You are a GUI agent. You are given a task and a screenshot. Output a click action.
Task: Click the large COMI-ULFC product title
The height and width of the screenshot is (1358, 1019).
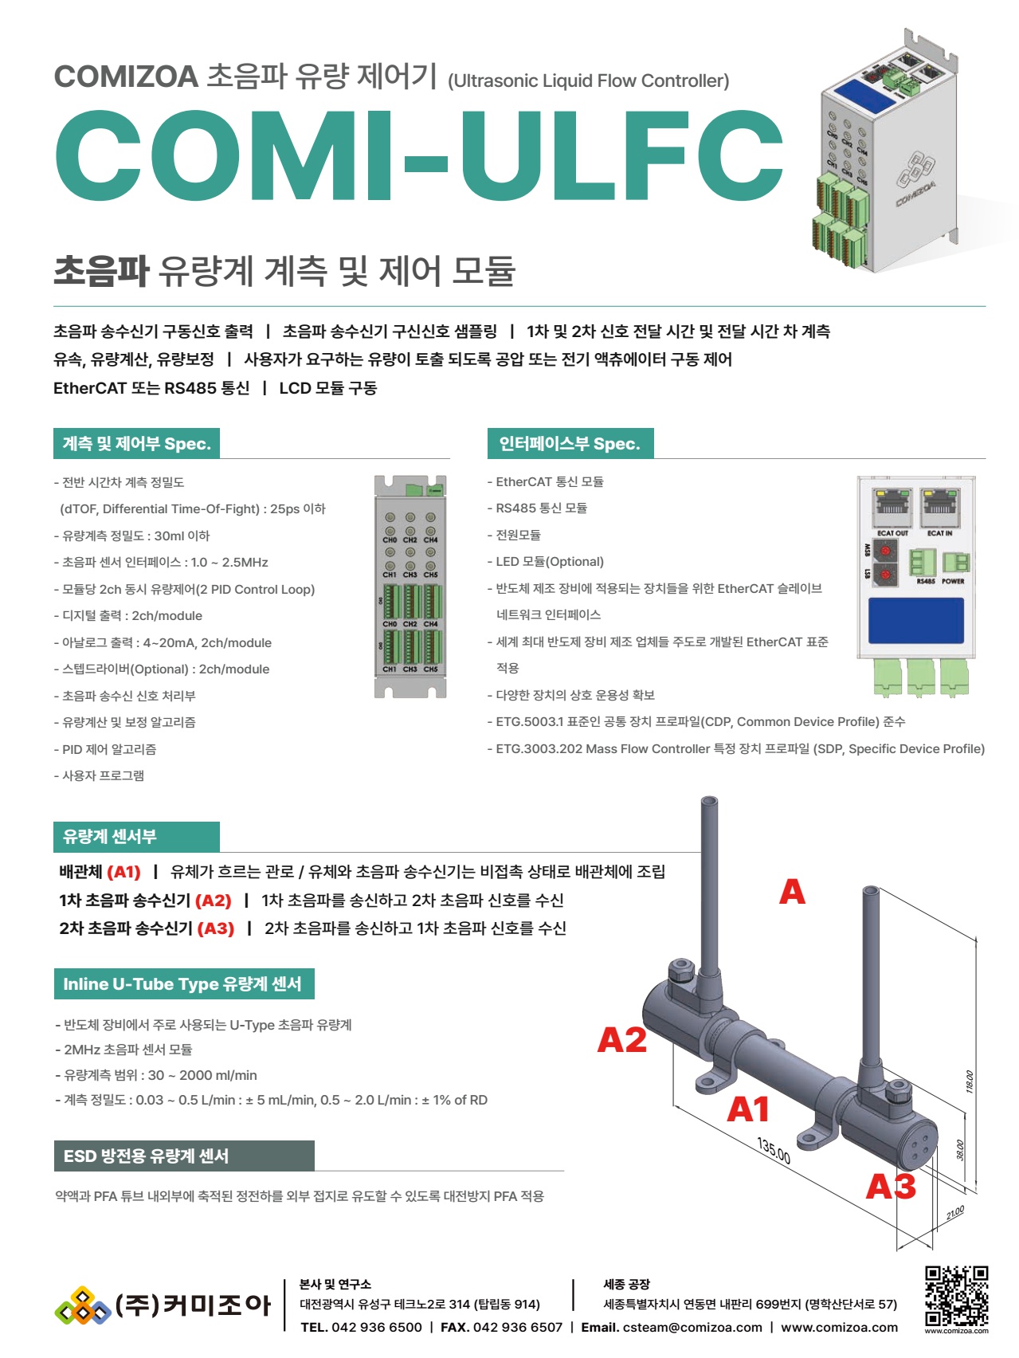click(x=419, y=156)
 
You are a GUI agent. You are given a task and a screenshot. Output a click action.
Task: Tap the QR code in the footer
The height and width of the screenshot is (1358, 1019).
click(x=956, y=1296)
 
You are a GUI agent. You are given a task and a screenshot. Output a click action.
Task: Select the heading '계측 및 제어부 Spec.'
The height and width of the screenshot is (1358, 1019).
click(x=137, y=444)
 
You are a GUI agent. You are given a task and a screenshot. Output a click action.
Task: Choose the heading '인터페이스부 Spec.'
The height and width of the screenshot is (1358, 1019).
click(x=570, y=444)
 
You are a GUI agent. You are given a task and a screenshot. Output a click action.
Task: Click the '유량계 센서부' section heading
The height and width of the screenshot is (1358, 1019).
click(x=110, y=837)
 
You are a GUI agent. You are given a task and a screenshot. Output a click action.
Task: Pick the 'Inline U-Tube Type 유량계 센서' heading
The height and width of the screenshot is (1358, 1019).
click(x=182, y=984)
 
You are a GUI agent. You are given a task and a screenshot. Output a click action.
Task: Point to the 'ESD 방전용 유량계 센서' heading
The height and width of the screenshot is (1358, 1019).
click(x=146, y=1156)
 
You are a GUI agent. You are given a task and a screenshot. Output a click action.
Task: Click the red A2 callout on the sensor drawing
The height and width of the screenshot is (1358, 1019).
click(x=621, y=1041)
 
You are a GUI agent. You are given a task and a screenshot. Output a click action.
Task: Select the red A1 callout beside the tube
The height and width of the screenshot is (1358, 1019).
click(x=747, y=1109)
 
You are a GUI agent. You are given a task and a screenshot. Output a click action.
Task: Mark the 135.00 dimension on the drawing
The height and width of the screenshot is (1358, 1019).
click(x=774, y=1151)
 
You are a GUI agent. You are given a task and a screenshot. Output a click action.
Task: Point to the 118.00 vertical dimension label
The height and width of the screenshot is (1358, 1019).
click(x=970, y=1081)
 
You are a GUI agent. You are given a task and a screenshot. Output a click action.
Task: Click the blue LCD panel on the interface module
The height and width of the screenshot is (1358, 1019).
click(x=915, y=620)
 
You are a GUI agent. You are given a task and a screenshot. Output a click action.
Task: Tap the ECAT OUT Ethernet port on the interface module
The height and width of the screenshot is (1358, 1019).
click(x=893, y=505)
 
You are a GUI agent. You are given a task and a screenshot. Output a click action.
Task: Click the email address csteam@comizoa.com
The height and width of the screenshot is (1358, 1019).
click(x=692, y=1328)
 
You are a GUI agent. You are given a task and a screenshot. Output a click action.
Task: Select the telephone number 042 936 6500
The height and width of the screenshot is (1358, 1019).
click(x=376, y=1328)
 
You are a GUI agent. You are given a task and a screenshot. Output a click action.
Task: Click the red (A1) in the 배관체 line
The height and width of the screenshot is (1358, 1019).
click(x=123, y=872)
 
